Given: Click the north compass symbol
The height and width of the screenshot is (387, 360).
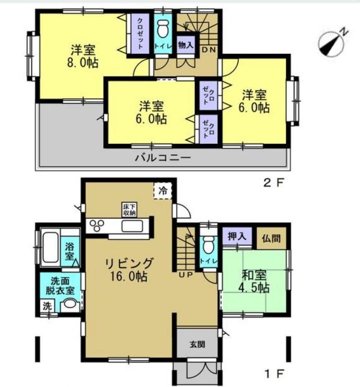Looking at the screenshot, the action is [332, 43].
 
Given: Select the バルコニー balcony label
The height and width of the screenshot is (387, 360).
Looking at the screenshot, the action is [162, 157].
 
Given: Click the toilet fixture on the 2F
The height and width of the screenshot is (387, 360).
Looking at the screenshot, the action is [162, 28].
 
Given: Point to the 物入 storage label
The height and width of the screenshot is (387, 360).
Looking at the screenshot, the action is [186, 45].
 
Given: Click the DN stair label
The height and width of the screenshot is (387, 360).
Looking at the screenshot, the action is [209, 50].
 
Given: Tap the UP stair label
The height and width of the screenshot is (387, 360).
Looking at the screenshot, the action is [186, 275].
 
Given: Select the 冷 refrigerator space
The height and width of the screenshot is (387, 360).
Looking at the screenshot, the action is [162, 190].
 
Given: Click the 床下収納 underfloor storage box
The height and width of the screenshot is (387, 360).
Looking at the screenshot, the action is [130, 210].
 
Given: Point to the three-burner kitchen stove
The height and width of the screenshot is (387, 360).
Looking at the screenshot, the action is [97, 225].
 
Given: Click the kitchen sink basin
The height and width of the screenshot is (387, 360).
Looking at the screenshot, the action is [132, 226].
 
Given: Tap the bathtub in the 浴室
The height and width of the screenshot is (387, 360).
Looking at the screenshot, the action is [50, 247].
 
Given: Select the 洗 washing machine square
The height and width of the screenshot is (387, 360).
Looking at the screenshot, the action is [48, 306].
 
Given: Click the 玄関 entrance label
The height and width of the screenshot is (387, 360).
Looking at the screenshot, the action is [198, 344].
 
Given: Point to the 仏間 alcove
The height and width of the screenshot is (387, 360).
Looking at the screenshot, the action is [271, 238].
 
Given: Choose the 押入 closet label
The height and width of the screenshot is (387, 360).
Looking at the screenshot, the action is [237, 236].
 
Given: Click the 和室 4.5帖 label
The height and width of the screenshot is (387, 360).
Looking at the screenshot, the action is [254, 281].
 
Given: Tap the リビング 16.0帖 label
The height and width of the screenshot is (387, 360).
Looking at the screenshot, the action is [129, 270].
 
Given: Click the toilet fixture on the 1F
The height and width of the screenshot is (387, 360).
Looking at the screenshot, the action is [208, 245].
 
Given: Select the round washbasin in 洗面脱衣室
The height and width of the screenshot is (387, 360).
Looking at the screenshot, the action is [70, 304].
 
